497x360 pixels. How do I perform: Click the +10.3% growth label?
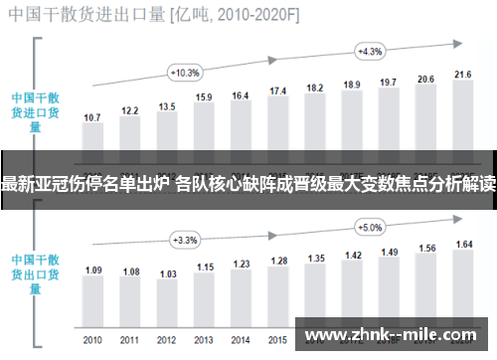[x=186, y=72]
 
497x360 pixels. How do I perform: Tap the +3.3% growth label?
[x=186, y=240]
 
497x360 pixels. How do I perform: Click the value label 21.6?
[x=462, y=75]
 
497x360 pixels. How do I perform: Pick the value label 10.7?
[x=92, y=117]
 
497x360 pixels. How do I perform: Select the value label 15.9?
[x=204, y=97]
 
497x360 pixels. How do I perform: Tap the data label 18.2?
[x=315, y=88]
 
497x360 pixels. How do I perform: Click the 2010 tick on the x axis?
[x=92, y=339]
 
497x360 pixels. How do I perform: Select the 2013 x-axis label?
[x=204, y=339]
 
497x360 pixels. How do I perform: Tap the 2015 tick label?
[x=278, y=339]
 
